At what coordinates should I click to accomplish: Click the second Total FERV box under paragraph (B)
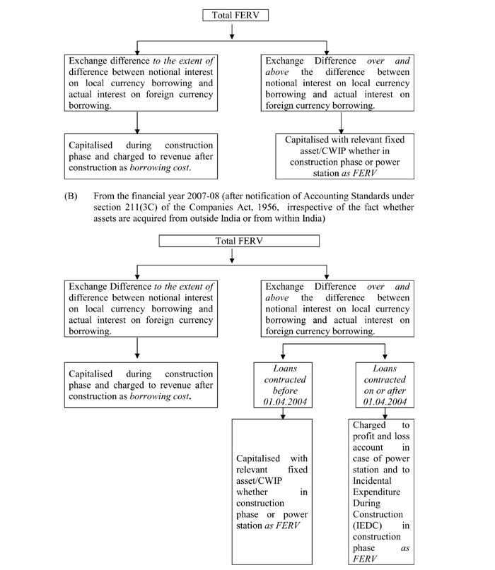(x=231, y=242)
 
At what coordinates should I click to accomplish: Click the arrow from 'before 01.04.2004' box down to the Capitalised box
(x=283, y=416)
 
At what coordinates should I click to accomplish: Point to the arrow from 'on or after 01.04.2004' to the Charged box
(x=383, y=416)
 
